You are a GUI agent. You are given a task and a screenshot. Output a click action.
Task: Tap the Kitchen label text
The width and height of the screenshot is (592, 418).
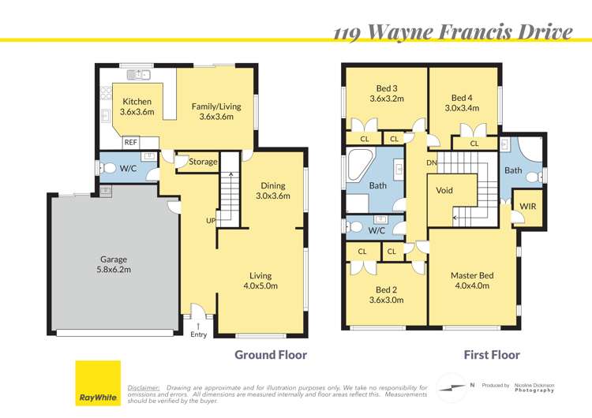coord(137,101)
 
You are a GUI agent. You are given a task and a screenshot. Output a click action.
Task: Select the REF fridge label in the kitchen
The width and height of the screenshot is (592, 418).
coord(131,143)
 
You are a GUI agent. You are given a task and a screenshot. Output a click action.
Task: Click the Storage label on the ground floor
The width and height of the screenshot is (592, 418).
coord(203,162)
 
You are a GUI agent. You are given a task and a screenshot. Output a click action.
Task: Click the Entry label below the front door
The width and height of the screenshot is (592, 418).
coord(198,334)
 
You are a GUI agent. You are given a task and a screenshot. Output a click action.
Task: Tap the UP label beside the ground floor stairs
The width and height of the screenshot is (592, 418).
coord(211,221)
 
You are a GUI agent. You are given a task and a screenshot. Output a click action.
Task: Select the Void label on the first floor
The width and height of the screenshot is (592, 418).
coord(444,191)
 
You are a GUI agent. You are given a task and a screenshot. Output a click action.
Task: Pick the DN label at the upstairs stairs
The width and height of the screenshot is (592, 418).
coord(432,162)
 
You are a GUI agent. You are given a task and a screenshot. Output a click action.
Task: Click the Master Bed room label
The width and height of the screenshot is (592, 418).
coord(472,275)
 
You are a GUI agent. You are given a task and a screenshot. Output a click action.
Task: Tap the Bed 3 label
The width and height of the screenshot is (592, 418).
coord(387,88)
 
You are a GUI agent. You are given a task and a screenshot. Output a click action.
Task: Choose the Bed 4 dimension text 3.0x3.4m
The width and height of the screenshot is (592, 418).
coord(463,109)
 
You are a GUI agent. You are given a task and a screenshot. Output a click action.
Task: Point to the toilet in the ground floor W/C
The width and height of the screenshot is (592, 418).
coord(110,168)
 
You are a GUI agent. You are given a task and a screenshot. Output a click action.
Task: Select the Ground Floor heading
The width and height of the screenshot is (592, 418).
coord(271,355)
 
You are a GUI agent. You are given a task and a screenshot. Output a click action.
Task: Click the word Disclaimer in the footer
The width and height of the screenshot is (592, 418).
coord(143,388)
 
